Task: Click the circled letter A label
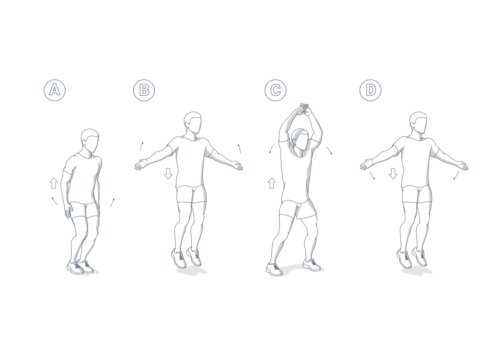(54, 90)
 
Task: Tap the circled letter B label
(144, 90)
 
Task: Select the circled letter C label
(275, 90)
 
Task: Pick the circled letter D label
(370, 90)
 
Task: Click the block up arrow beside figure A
(54, 183)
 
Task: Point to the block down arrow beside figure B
(168, 174)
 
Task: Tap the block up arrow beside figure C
(272, 183)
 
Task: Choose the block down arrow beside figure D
(393, 174)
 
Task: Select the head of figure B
(193, 123)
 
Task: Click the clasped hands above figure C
(304, 109)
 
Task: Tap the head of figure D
(419, 123)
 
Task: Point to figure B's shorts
(191, 195)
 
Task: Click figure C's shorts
(297, 210)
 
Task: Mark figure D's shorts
(417, 195)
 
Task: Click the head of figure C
(302, 141)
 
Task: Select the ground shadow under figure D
(417, 271)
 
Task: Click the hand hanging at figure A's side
(68, 211)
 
